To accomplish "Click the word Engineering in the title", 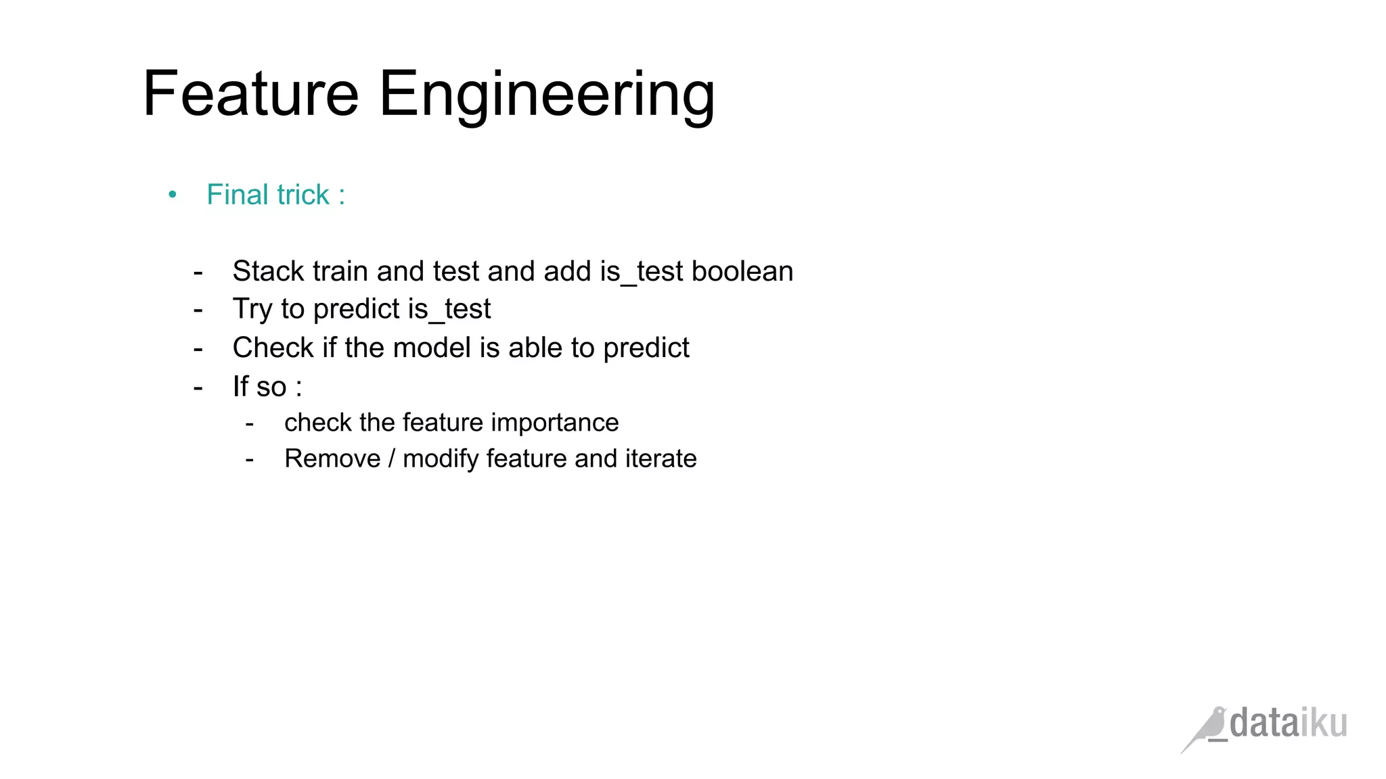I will pos(547,95).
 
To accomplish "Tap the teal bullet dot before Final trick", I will pos(173,195).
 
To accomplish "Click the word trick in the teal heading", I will pos(303,195).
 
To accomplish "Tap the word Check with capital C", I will pos(273,348).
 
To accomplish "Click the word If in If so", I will pos(240,387).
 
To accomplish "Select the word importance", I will pos(554,423).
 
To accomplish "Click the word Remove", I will pos(332,458).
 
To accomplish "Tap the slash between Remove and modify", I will pos(392,458).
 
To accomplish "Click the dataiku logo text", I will pos(1288,724).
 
